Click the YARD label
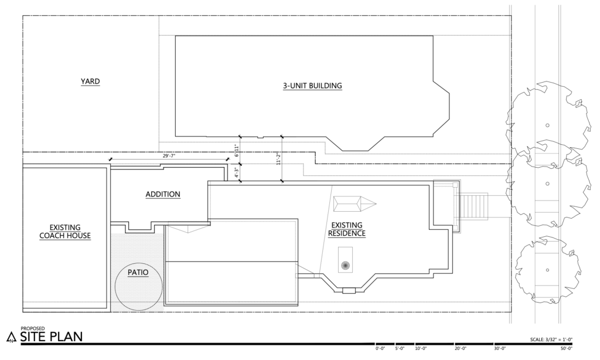pos(90,81)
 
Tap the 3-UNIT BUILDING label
pos(313,86)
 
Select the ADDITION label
pos(163,194)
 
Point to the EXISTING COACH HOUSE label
pos(65,232)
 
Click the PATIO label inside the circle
pos(138,272)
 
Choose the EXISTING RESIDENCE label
pos(347,229)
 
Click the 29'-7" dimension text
pos(168,156)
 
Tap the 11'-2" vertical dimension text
pos(278,158)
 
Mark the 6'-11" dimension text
pos(236,151)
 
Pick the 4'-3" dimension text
pos(236,173)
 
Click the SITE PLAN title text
pos(52,337)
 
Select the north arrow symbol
pos(11,337)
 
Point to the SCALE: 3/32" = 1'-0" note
pos(551,339)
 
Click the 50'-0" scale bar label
pos(567,348)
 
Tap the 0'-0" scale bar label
pos(380,348)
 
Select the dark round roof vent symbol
pos(346,265)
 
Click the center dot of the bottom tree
pos(547,270)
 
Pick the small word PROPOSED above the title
pos(33,328)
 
